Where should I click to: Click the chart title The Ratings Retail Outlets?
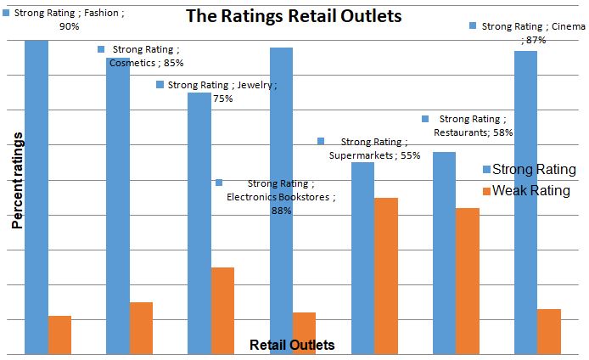click(294, 16)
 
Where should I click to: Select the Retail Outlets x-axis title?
click(292, 345)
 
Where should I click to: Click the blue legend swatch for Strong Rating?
click(486, 169)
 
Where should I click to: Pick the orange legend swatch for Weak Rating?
click(486, 190)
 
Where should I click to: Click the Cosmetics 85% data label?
click(146, 56)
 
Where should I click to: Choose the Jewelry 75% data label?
click(222, 91)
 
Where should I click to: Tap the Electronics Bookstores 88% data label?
click(281, 197)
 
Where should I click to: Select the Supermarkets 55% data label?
click(373, 149)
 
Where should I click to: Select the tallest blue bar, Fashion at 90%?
click(36, 195)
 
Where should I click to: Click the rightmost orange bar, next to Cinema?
click(549, 331)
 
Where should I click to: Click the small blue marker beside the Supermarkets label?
click(321, 141)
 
